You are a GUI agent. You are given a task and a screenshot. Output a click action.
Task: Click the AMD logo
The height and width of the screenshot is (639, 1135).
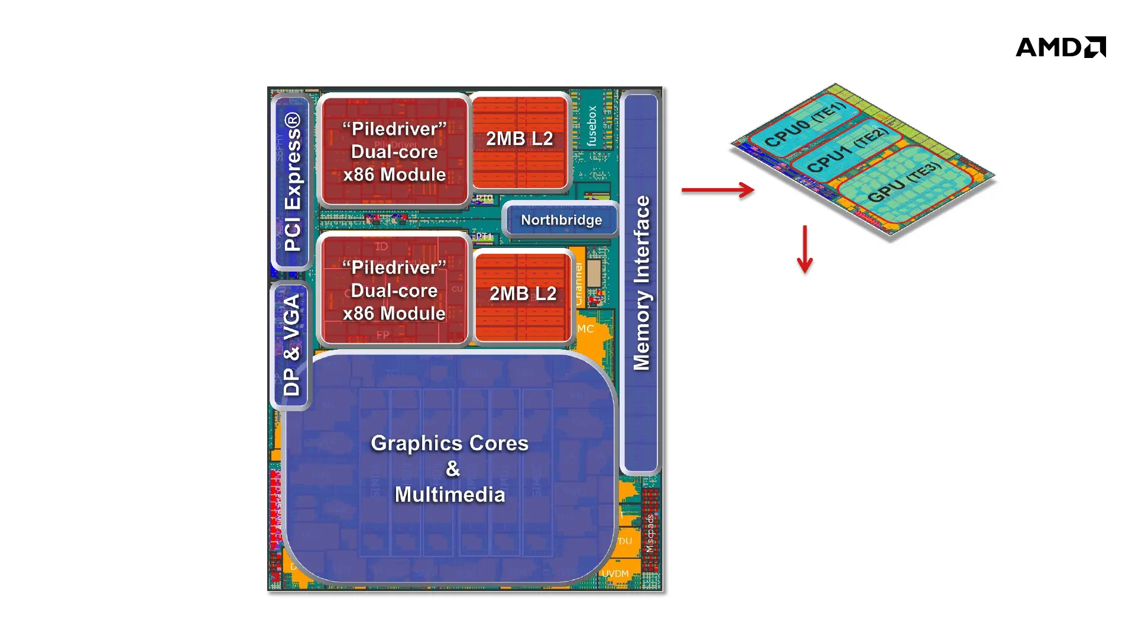(x=1061, y=47)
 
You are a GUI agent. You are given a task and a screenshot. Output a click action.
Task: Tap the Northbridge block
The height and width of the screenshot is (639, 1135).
(x=561, y=220)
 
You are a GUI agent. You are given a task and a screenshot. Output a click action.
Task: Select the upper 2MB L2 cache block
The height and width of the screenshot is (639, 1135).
(x=520, y=139)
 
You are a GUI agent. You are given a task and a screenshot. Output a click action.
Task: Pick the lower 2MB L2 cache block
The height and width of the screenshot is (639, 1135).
(x=523, y=294)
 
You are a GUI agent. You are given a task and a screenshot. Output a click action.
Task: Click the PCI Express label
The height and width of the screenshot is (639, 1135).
(x=293, y=182)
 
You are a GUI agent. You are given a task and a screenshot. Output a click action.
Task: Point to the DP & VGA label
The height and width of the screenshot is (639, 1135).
(x=291, y=346)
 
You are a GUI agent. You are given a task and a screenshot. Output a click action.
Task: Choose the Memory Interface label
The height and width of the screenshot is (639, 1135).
(x=641, y=283)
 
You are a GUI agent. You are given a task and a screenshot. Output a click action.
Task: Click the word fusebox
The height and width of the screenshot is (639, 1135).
(x=592, y=125)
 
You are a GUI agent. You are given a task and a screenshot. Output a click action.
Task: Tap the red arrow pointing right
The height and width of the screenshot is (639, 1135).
(x=718, y=190)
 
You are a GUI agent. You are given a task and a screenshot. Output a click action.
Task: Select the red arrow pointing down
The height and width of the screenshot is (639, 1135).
(x=805, y=248)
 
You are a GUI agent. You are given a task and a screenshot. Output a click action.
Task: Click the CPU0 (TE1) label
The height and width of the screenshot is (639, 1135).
(x=805, y=125)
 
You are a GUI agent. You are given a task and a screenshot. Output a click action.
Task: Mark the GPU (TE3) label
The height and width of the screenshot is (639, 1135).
(x=904, y=182)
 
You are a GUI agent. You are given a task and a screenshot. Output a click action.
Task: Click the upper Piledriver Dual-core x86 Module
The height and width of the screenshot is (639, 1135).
(x=394, y=152)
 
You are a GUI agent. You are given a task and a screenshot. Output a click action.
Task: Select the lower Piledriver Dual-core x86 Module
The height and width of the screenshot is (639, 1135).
(x=394, y=291)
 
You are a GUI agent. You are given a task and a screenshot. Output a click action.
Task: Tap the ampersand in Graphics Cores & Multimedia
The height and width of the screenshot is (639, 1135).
(x=453, y=469)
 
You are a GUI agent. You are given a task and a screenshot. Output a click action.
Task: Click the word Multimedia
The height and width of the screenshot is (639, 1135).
(x=450, y=495)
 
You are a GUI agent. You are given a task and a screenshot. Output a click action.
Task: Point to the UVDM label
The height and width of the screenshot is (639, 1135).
(x=615, y=574)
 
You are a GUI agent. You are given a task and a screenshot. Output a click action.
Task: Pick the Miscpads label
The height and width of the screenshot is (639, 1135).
(x=650, y=533)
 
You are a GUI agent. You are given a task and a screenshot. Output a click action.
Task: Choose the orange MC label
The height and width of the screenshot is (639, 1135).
(x=585, y=329)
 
